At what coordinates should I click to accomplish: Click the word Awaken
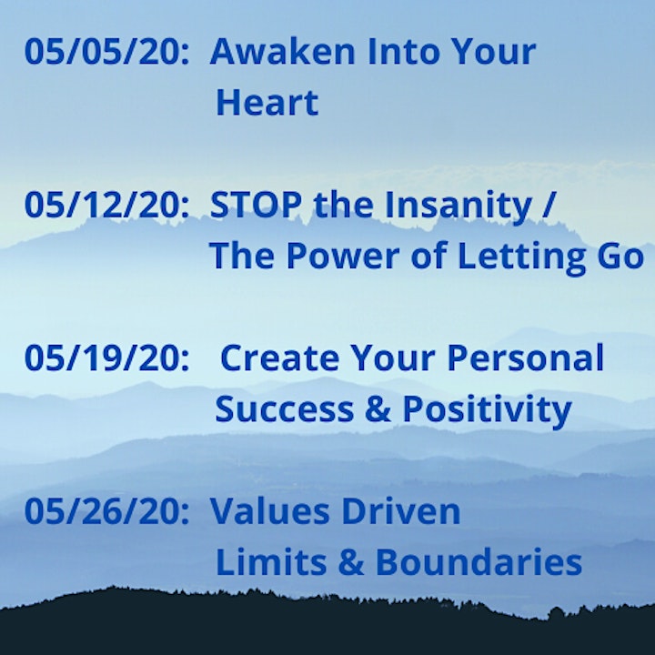[x=282, y=51]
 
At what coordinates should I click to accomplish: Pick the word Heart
[x=267, y=102]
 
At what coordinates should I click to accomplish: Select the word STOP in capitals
[x=256, y=205]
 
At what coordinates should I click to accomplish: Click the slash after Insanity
[x=548, y=205]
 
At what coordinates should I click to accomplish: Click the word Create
[x=279, y=358]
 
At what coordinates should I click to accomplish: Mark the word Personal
[x=526, y=358]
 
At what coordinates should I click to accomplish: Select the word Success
[x=285, y=409]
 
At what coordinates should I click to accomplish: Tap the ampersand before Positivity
[x=378, y=408]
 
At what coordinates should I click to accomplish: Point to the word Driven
[x=401, y=511]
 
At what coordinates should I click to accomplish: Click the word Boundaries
[x=479, y=562]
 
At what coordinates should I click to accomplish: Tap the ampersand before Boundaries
[x=351, y=562]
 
